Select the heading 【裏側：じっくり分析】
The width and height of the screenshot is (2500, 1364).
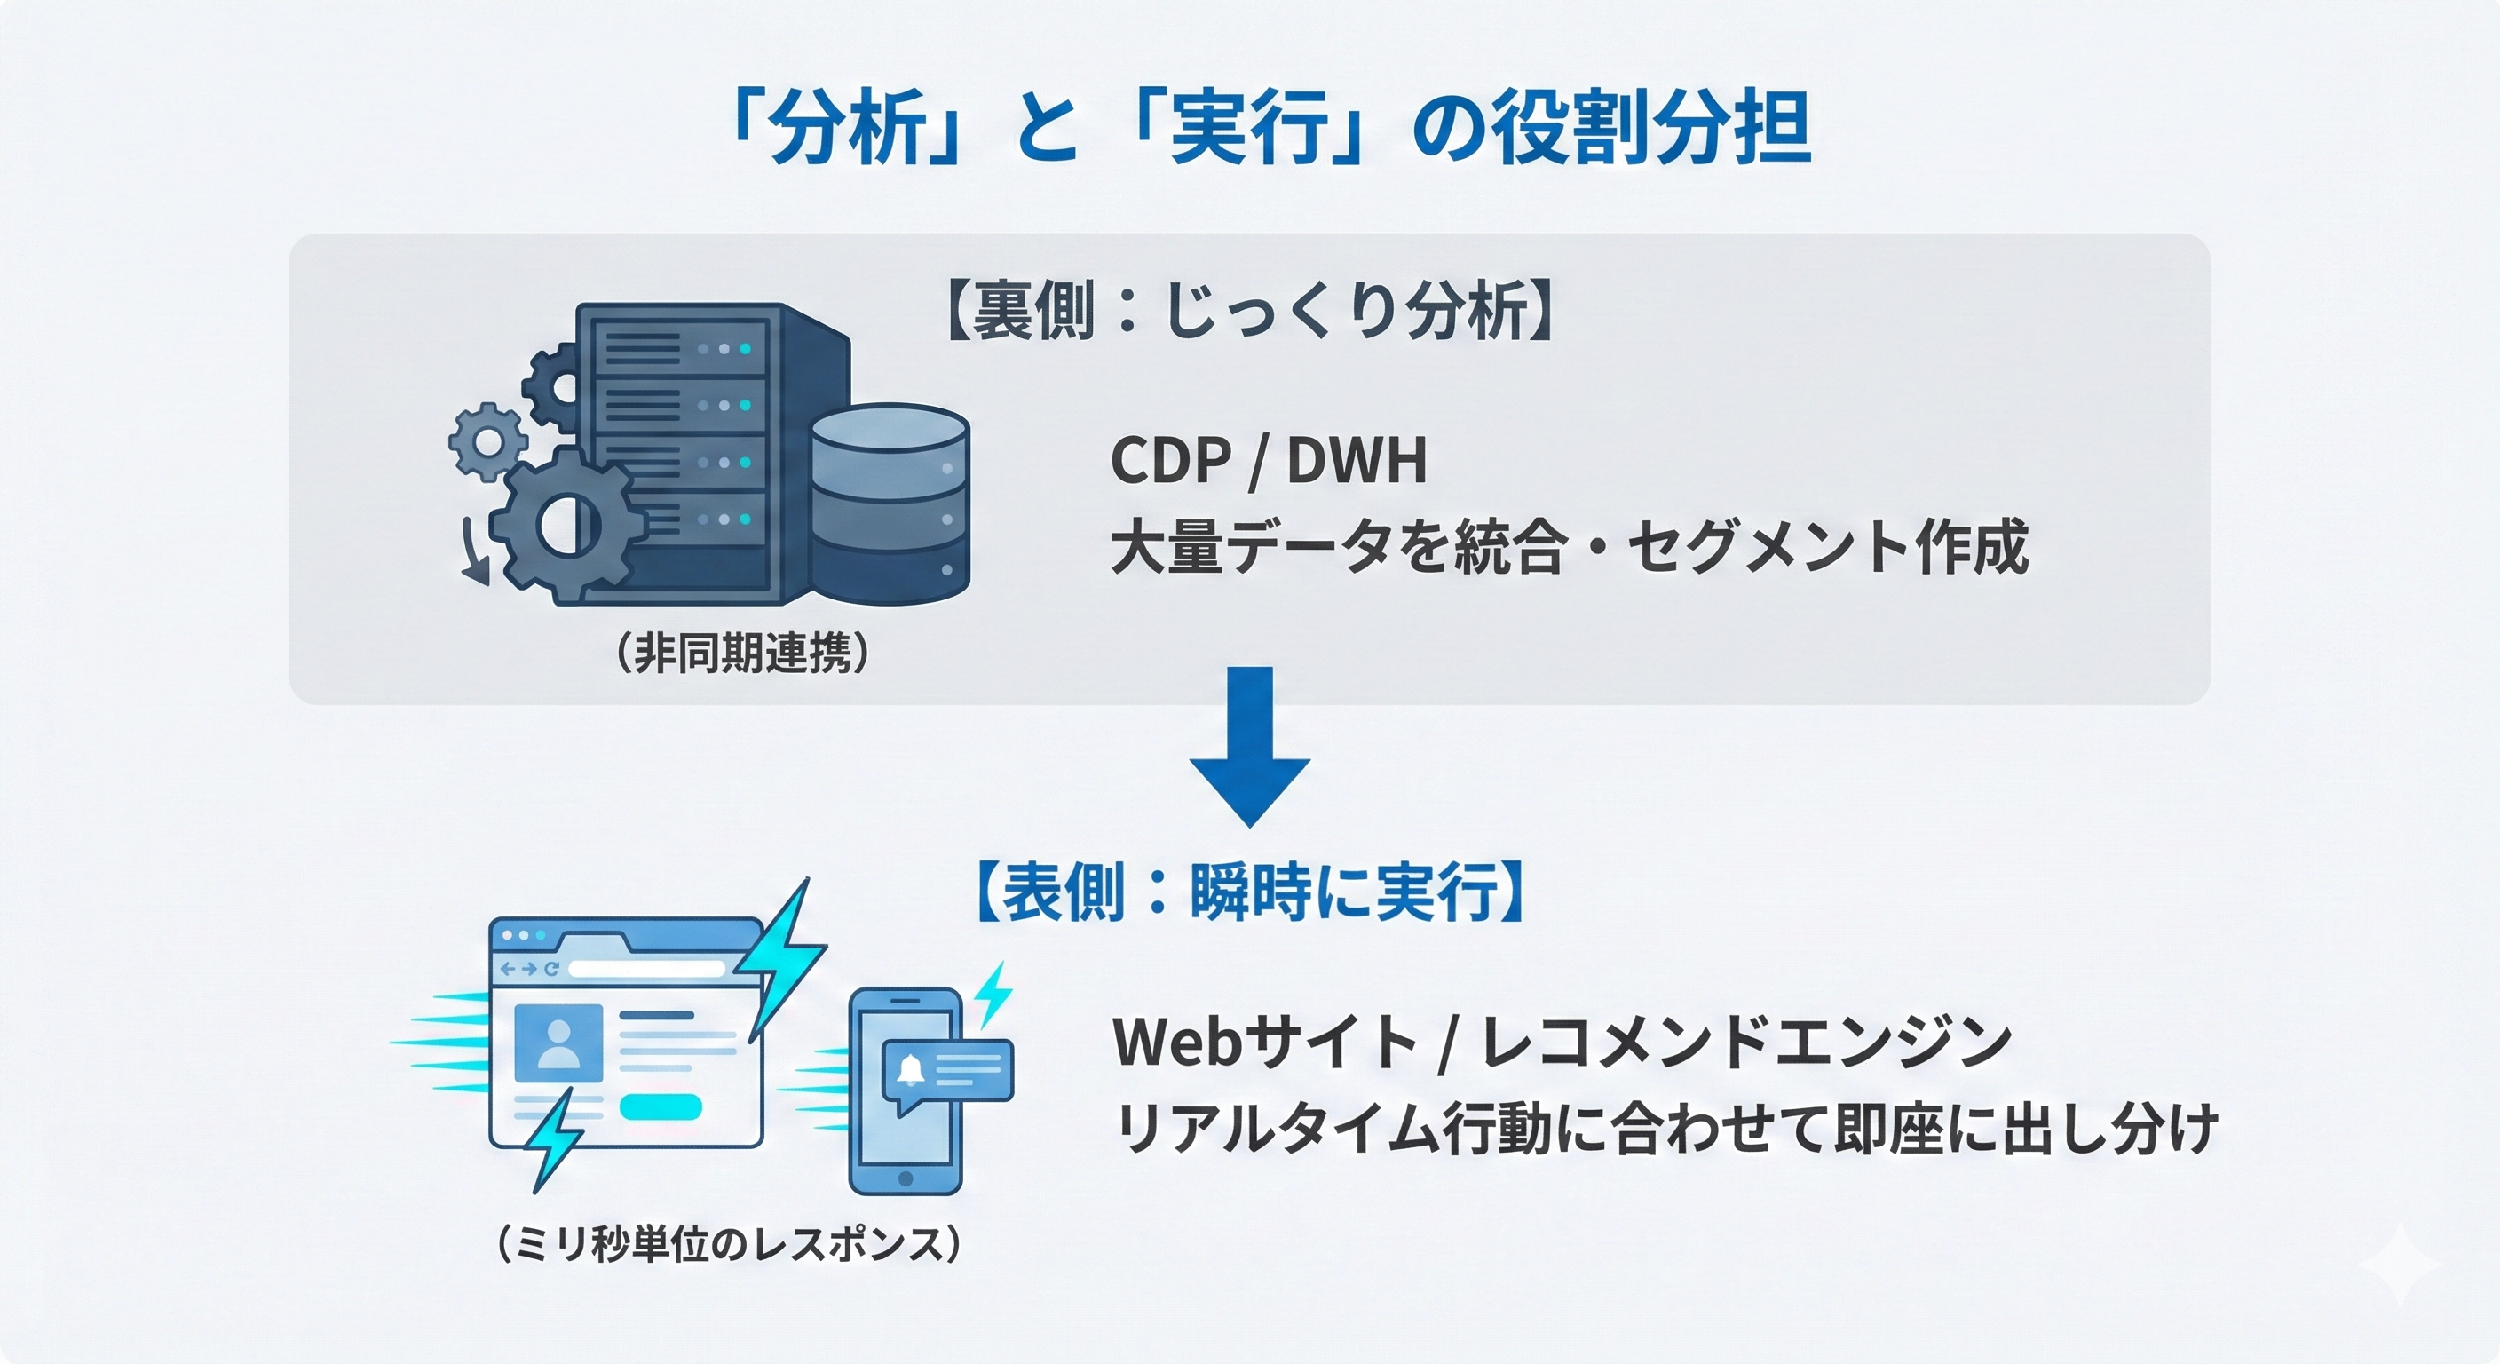click(1251, 312)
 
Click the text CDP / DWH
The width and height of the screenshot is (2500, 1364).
click(1269, 460)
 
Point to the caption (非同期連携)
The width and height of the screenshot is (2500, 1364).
click(742, 654)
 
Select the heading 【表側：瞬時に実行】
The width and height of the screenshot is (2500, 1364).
click(1251, 892)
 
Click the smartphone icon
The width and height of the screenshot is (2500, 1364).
click(906, 1092)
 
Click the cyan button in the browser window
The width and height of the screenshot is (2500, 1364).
click(660, 1106)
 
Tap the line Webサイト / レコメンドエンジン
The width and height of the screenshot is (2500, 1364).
click(1562, 1042)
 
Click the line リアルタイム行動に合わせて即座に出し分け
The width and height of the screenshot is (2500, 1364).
click(1665, 1129)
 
